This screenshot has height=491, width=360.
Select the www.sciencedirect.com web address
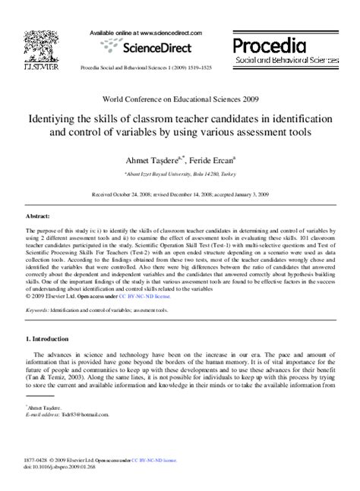point(159,34)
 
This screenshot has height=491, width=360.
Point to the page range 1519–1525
point(211,68)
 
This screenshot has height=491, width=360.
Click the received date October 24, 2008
point(124,194)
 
